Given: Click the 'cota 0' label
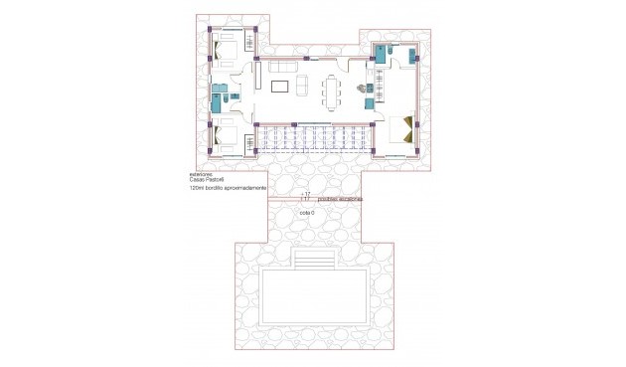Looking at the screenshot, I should [307, 214].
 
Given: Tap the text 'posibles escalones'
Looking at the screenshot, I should [339, 200].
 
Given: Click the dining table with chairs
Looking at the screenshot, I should [330, 92].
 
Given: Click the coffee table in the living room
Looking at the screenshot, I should [280, 85].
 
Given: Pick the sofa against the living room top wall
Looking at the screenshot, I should [279, 68].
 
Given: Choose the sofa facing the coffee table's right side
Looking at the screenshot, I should [303, 84].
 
